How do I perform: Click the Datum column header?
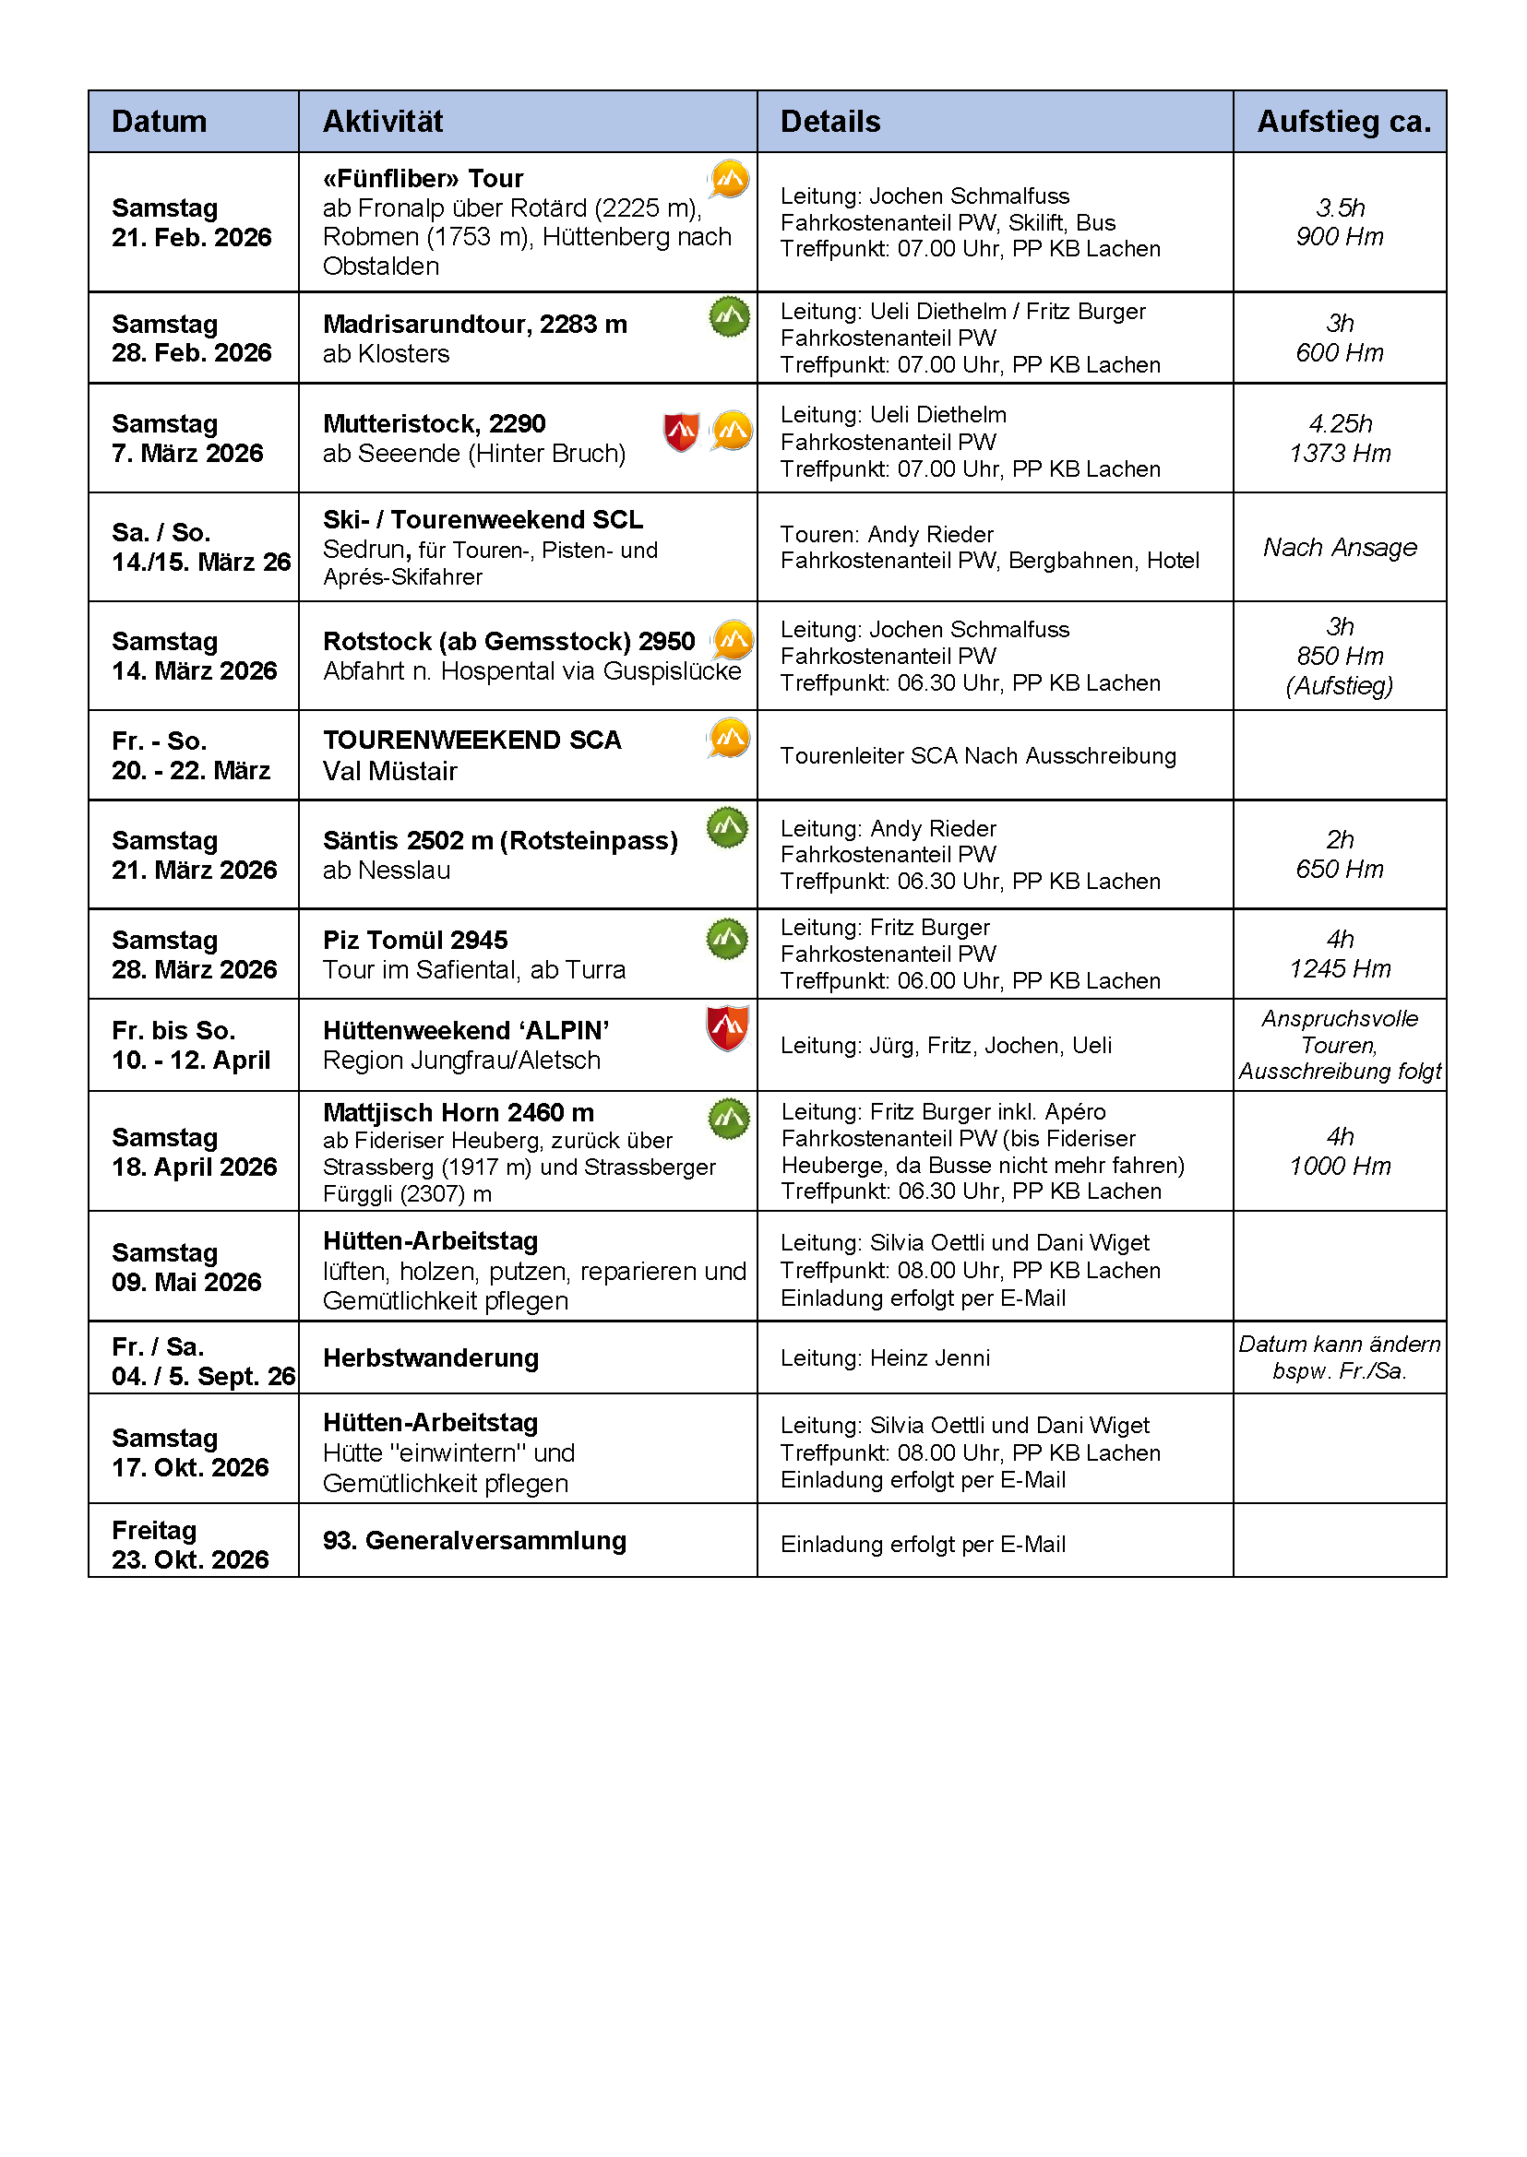[x=159, y=121]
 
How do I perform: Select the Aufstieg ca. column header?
[x=1343, y=121]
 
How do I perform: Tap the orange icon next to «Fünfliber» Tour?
[x=729, y=179]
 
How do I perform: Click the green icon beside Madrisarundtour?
[x=730, y=316]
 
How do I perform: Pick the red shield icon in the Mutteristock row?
[x=681, y=432]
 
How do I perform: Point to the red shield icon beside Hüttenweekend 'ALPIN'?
[x=727, y=1027]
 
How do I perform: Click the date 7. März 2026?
[x=187, y=453]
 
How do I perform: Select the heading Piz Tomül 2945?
[x=414, y=940]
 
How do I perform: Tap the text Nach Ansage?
[x=1339, y=547]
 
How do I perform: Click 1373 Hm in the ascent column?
[x=1339, y=453]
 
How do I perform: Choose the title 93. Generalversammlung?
[x=474, y=1540]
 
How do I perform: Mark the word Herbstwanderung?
[x=431, y=1358]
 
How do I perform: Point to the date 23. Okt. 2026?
[x=190, y=1559]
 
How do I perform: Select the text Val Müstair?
[x=389, y=771]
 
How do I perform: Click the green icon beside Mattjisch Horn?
[x=729, y=1119]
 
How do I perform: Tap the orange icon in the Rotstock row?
[x=733, y=640]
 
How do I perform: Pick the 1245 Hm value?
[x=1339, y=969]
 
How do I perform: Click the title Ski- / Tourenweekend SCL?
[x=483, y=520]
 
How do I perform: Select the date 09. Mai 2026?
[x=186, y=1282]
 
